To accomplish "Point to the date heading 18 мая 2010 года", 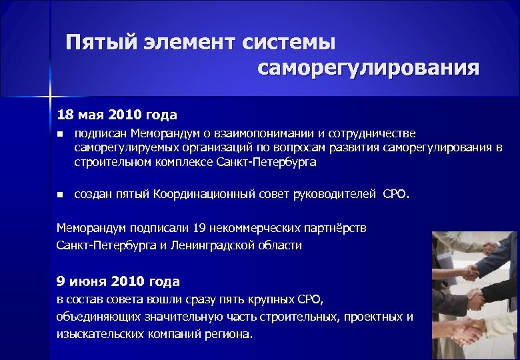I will coord(117,115).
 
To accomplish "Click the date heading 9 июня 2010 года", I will coord(119,281).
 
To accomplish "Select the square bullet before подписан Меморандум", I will coord(60,134).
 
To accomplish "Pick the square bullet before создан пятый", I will coord(60,195).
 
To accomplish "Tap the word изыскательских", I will coord(97,333).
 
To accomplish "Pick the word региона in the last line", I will coord(230,333).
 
